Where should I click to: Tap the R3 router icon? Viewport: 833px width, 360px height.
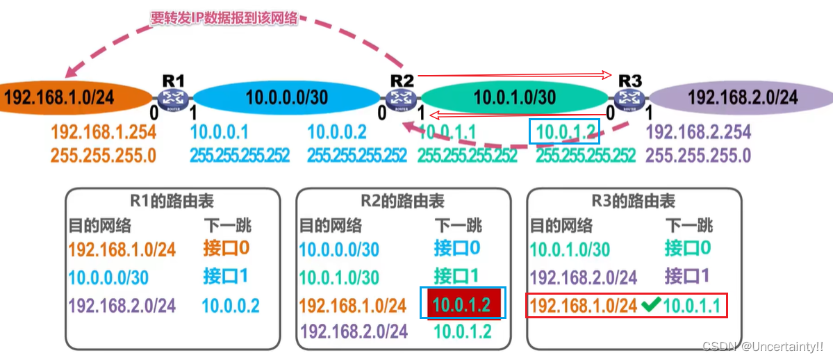coord(630,99)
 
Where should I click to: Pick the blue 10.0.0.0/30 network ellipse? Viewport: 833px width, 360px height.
coord(286,97)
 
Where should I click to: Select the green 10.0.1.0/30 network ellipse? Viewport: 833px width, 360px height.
coord(514,97)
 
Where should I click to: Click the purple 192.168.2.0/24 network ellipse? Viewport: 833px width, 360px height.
coord(740,97)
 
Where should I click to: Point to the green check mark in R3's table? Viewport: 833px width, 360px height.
coord(650,304)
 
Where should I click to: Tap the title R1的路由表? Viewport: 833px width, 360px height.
coord(173,202)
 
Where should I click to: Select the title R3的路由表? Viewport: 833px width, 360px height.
coord(633,202)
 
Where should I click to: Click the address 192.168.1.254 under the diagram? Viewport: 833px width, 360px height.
coord(104,131)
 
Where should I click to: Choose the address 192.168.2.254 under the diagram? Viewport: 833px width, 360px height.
coord(698,131)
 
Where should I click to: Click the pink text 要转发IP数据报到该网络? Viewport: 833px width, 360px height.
coord(224,19)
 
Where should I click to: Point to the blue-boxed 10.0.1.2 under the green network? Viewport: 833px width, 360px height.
coord(563,131)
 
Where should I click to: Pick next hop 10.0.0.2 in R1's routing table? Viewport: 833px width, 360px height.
coord(231,305)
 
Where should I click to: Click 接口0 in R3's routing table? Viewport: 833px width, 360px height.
coord(688,248)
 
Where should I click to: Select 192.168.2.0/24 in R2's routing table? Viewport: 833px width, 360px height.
coord(352,332)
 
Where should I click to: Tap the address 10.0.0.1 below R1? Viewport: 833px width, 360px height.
coord(219,131)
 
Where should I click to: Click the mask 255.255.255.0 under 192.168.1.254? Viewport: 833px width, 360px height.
coord(104,154)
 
